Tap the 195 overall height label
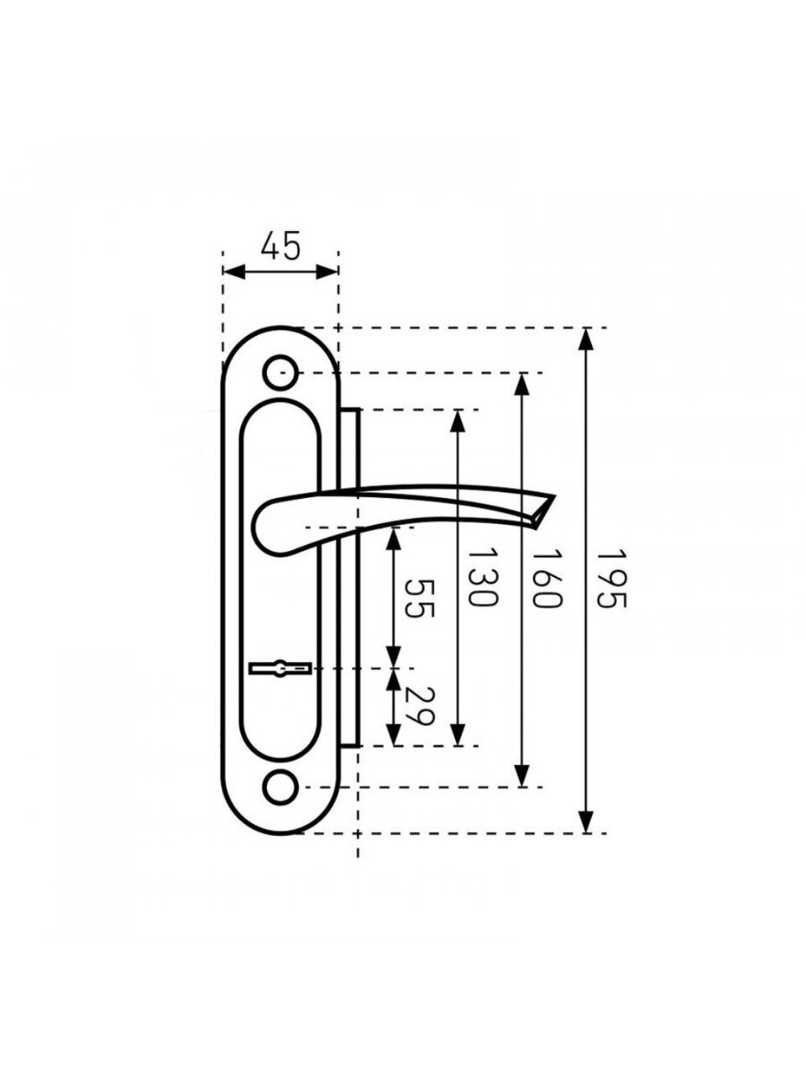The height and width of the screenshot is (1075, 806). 611,579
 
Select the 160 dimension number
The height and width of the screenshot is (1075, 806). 547,579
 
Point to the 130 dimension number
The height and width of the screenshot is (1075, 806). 483,577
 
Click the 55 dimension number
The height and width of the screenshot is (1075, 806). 420,599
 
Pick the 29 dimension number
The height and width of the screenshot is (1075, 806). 420,705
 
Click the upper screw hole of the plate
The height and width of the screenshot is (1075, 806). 280,373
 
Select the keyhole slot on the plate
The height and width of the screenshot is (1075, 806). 280,669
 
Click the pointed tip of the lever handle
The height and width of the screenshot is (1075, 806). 554,496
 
